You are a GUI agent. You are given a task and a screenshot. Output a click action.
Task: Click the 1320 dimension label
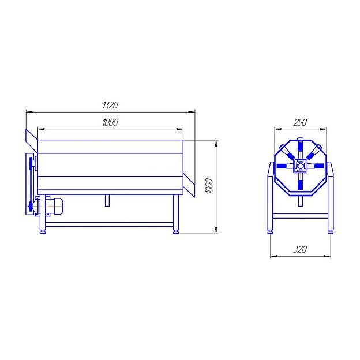click(x=110, y=105)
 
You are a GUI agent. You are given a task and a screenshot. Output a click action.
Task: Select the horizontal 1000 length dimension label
click(x=110, y=122)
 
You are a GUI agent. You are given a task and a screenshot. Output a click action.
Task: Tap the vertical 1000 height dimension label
click(x=209, y=186)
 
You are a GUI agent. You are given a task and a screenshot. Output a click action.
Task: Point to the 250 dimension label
click(x=300, y=122)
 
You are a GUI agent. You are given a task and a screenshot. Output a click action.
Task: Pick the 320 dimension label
click(x=300, y=249)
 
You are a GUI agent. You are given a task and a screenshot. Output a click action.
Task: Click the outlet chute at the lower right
click(x=189, y=185)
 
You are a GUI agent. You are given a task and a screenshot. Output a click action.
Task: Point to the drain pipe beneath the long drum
click(x=107, y=200)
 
